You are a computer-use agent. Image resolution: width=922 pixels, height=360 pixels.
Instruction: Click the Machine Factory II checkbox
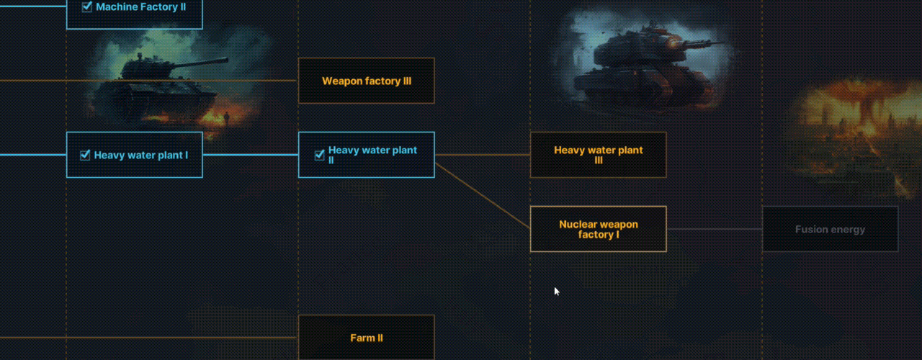(87, 7)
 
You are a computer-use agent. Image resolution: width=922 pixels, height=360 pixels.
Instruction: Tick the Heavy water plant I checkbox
(85, 155)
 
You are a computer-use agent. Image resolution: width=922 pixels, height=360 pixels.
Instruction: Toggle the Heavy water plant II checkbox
(320, 155)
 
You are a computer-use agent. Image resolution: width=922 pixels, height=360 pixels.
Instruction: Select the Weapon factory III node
(367, 81)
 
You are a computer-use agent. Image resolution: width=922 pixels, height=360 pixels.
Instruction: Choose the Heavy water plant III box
(598, 155)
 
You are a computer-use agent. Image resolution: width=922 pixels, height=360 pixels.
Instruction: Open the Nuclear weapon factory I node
(598, 229)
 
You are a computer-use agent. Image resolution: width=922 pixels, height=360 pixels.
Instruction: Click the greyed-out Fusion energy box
(830, 230)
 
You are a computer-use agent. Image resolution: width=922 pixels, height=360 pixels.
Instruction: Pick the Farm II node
(367, 337)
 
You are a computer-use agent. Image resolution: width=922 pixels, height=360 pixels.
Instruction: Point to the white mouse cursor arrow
(556, 290)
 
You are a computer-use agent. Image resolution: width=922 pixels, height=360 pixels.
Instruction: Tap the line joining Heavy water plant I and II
(250, 155)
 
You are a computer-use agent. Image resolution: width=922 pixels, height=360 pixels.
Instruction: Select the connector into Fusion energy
(714, 229)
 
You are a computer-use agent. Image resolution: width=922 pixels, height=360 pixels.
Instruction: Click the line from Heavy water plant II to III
(483, 155)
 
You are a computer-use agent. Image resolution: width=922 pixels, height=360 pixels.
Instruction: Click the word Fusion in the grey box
(810, 230)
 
